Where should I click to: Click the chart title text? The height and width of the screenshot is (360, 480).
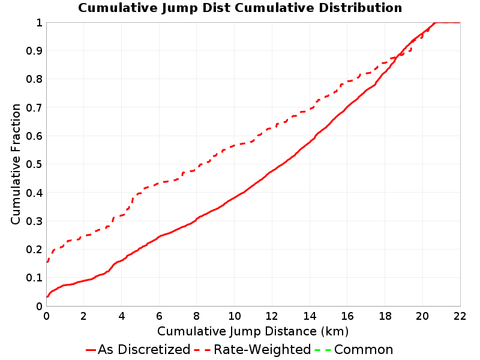(240, 8)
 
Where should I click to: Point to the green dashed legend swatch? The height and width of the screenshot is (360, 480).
(323, 350)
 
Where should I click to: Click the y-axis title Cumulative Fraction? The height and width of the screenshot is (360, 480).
(16, 164)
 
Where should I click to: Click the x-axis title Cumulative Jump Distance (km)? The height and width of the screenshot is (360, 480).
(253, 331)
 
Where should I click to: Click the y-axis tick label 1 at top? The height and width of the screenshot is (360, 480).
(39, 23)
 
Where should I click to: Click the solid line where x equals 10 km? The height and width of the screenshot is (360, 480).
(235, 196)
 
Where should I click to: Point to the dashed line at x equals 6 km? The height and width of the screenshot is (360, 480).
(159, 182)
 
